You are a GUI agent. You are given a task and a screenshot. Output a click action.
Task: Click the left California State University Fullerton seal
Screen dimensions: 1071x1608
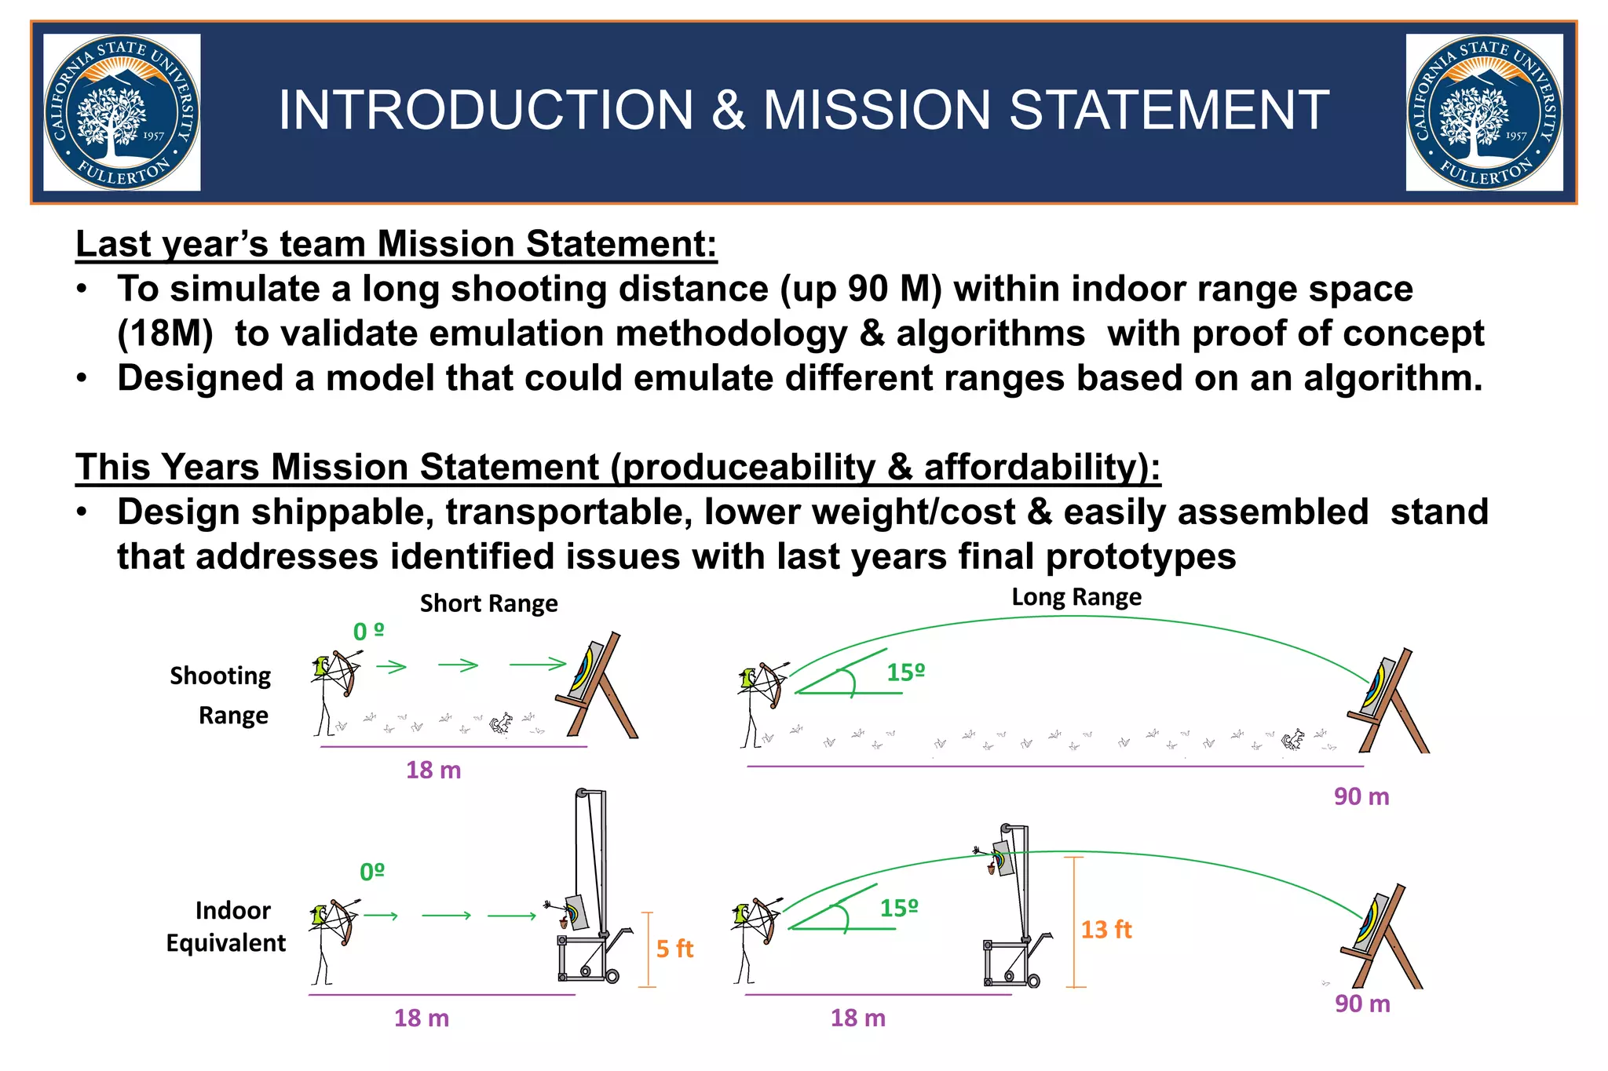[x=122, y=112]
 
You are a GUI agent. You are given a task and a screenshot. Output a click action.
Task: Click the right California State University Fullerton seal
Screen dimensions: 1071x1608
[x=1484, y=112]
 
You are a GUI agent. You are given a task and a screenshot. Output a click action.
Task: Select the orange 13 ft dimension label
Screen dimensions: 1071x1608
[x=1105, y=930]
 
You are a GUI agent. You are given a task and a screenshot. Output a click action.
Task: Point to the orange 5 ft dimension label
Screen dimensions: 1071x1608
[x=674, y=949]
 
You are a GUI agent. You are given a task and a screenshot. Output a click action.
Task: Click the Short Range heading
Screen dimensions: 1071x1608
[x=488, y=603]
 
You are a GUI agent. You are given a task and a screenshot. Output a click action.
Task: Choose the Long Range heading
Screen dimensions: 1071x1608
[x=1076, y=597]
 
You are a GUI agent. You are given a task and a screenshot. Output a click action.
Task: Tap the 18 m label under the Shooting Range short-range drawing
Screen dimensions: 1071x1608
[x=433, y=770]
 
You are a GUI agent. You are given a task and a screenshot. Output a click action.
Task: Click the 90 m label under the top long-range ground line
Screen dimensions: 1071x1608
[x=1361, y=797]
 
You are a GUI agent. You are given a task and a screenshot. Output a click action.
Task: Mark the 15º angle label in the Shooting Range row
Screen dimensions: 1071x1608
[x=906, y=672]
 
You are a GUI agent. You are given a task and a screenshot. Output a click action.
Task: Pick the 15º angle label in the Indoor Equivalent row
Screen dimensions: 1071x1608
[x=899, y=909]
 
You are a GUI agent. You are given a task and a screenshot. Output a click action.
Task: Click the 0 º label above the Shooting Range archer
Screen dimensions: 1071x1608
[x=368, y=632]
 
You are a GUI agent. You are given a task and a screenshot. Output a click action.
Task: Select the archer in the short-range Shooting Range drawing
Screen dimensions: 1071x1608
[x=334, y=690]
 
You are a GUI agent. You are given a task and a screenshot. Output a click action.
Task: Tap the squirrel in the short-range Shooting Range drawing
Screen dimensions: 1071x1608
[x=501, y=723]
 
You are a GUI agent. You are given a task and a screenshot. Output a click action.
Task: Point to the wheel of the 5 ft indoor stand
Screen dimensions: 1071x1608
[x=612, y=976]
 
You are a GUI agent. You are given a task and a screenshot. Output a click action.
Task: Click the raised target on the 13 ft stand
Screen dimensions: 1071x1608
[x=1000, y=857]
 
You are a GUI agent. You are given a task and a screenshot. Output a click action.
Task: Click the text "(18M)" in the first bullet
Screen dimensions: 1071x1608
[x=165, y=333]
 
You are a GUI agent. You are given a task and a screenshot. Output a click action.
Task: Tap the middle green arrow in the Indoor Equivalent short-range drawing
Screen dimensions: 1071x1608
[x=446, y=916]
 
